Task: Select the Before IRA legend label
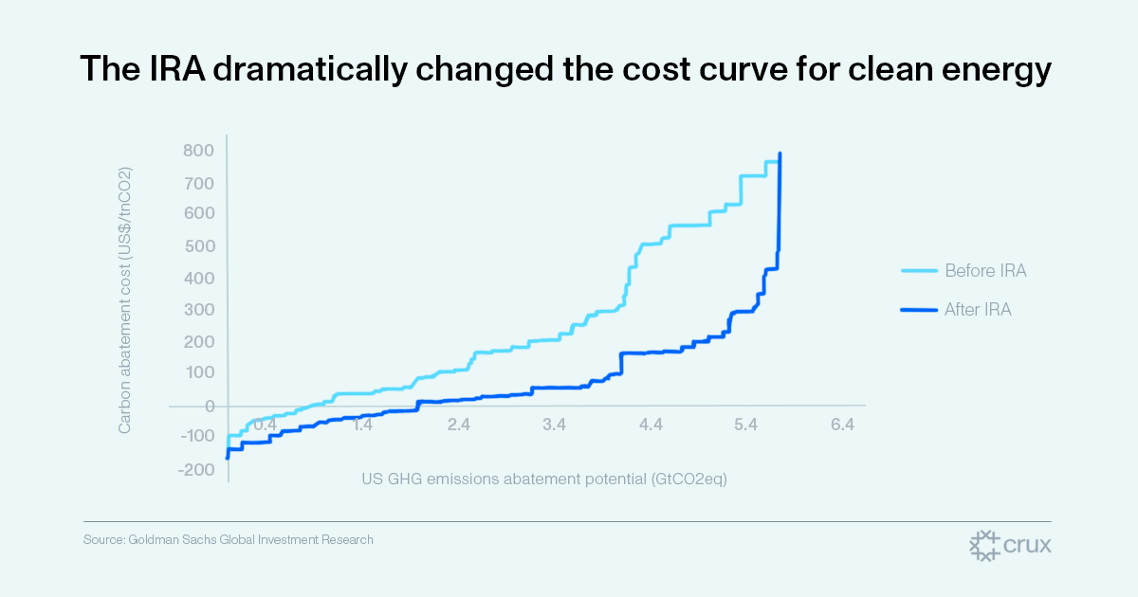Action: [x=985, y=271]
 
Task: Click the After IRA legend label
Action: [x=978, y=309]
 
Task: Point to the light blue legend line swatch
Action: [x=918, y=271]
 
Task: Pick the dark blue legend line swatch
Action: [x=918, y=309]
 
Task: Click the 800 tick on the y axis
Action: [x=198, y=151]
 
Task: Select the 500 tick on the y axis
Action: [x=198, y=246]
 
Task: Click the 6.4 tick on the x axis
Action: [x=842, y=425]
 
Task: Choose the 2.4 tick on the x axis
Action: [x=459, y=425]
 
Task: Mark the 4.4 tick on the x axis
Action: [x=651, y=425]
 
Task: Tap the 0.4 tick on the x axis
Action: [x=266, y=425]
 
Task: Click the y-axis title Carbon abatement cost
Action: [x=124, y=300]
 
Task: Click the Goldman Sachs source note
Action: [x=228, y=540]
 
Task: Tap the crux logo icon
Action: [x=985, y=546]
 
